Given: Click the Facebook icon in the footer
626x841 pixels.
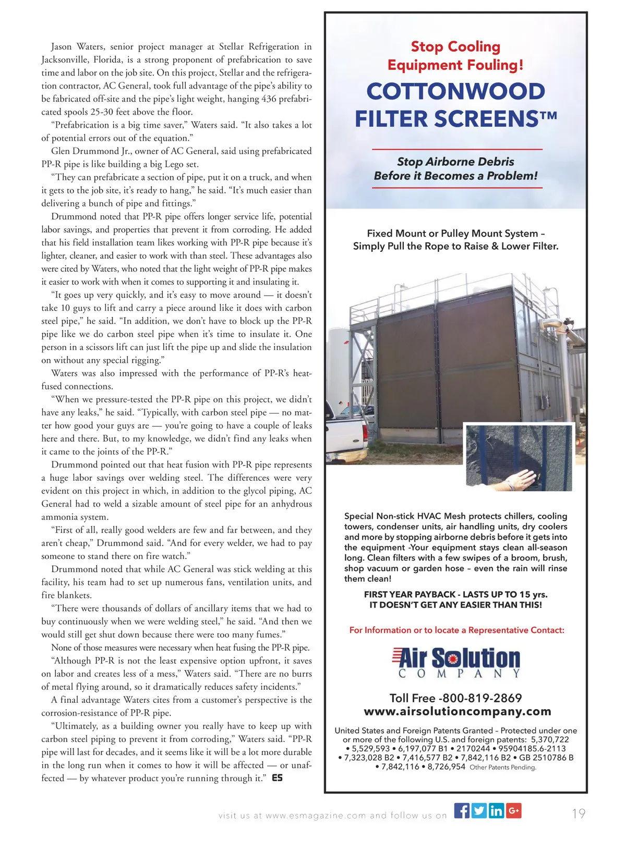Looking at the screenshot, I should (x=462, y=811).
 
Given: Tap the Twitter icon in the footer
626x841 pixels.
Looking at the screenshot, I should (x=479, y=811).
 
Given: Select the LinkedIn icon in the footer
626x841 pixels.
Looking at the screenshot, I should (x=496, y=811).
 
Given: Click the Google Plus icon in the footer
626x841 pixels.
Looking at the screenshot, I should (x=514, y=811).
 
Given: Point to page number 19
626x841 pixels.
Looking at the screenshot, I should (x=579, y=813).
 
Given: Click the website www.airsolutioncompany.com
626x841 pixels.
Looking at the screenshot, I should (x=457, y=712).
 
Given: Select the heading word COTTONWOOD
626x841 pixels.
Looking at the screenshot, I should (x=455, y=92).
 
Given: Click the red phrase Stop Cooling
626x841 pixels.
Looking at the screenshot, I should (x=455, y=47).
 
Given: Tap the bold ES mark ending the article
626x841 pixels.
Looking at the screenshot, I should (x=277, y=778).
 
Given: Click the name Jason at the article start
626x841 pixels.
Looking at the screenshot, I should (x=62, y=47).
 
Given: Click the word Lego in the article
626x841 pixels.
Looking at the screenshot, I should (x=175, y=164).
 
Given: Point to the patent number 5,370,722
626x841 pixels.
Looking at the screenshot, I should (x=550, y=739).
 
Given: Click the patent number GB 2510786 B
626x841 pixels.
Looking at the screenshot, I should (x=546, y=758).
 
